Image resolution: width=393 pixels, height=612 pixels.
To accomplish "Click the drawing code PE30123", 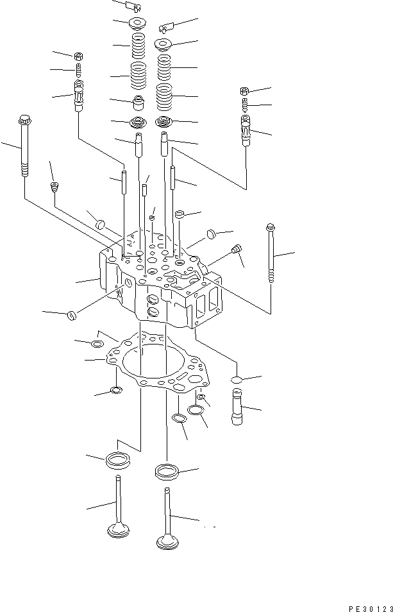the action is [x=365, y=605].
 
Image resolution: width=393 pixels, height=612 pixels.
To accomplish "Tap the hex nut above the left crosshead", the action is [x=78, y=55].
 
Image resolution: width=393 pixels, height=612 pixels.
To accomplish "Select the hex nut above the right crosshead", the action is [x=245, y=90].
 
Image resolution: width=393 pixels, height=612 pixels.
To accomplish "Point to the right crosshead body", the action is [x=246, y=132].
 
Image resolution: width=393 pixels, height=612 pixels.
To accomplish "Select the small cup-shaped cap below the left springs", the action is [x=137, y=103].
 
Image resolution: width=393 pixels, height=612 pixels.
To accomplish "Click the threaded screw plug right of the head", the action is [x=237, y=249].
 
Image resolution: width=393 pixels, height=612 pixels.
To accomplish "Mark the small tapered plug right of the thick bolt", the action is [x=54, y=187].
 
